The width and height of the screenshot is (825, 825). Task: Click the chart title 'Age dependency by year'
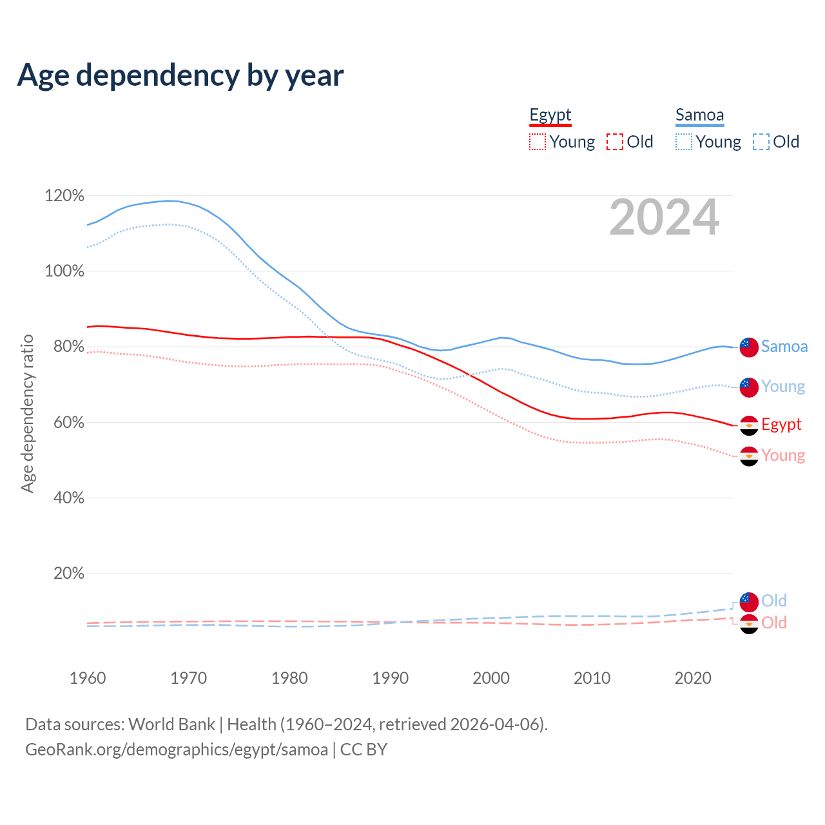180,75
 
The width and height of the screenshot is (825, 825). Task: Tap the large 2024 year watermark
664,218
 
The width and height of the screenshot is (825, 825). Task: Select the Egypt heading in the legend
550,115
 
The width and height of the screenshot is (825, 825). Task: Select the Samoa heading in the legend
699,115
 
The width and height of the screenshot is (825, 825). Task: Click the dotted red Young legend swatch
537,142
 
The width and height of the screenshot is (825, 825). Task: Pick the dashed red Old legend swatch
614,142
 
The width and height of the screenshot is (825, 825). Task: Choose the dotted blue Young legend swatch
683,142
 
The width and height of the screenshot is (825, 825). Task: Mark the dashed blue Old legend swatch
761,142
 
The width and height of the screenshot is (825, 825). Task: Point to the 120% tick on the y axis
64,195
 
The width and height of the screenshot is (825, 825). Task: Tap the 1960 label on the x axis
88,678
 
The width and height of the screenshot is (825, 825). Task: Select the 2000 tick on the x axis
491,678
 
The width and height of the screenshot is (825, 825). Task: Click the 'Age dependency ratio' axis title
27,413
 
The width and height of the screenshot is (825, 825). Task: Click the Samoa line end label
784,346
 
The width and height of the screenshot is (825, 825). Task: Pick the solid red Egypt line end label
781,424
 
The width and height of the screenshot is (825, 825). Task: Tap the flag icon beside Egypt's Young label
748,456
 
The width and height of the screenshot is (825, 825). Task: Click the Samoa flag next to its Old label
748,601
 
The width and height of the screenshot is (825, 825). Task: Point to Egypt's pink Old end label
773,623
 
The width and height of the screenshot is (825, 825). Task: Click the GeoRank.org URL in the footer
177,750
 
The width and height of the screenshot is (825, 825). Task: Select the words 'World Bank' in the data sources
171,724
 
